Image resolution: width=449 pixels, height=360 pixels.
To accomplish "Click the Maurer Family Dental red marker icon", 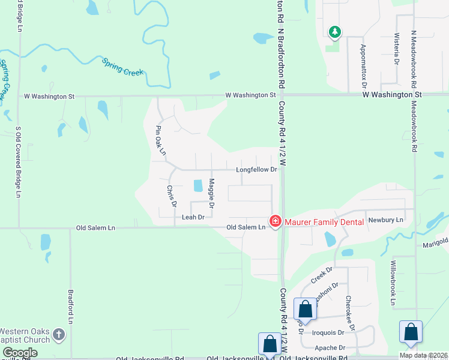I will (x=276, y=221).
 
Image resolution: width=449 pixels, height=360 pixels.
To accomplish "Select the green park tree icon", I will (x=334, y=32).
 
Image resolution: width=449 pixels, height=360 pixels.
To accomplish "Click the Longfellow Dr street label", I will (x=256, y=170).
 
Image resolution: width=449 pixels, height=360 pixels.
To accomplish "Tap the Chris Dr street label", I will (x=170, y=196).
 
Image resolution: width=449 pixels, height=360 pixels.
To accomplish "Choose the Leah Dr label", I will (x=193, y=217).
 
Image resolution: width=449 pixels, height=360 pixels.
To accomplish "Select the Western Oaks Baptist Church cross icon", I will (x=58, y=334).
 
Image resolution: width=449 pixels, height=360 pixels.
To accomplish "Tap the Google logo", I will (x=20, y=353).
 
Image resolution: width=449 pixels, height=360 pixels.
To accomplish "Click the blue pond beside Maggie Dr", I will (x=197, y=186).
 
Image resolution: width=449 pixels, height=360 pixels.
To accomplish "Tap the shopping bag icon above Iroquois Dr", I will (x=306, y=310).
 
